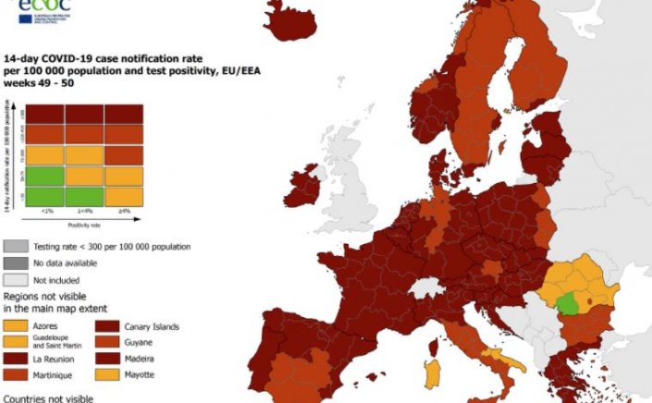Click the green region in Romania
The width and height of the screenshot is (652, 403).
point(572,302)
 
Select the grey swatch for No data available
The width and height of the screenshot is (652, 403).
point(16,263)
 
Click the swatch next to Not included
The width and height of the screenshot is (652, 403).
point(16,278)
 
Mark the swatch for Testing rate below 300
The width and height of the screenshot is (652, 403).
point(16,247)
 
